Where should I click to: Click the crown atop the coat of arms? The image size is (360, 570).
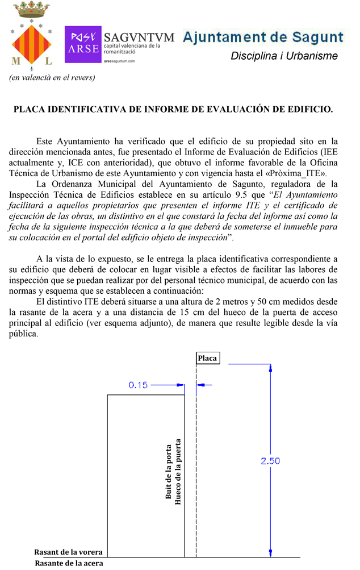click(31, 10)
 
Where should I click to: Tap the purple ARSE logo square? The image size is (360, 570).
click(83, 44)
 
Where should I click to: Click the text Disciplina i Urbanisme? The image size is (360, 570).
click(284, 56)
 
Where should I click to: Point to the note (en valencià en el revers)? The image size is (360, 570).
click(52, 77)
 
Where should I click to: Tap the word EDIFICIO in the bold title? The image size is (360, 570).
click(307, 109)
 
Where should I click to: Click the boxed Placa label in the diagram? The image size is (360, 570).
click(207, 358)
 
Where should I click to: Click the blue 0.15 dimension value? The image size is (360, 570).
click(138, 385)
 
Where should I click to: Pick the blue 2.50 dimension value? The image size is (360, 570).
click(270, 461)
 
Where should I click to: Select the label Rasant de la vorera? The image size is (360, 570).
click(68, 552)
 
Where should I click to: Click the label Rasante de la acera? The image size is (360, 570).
click(69, 563)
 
